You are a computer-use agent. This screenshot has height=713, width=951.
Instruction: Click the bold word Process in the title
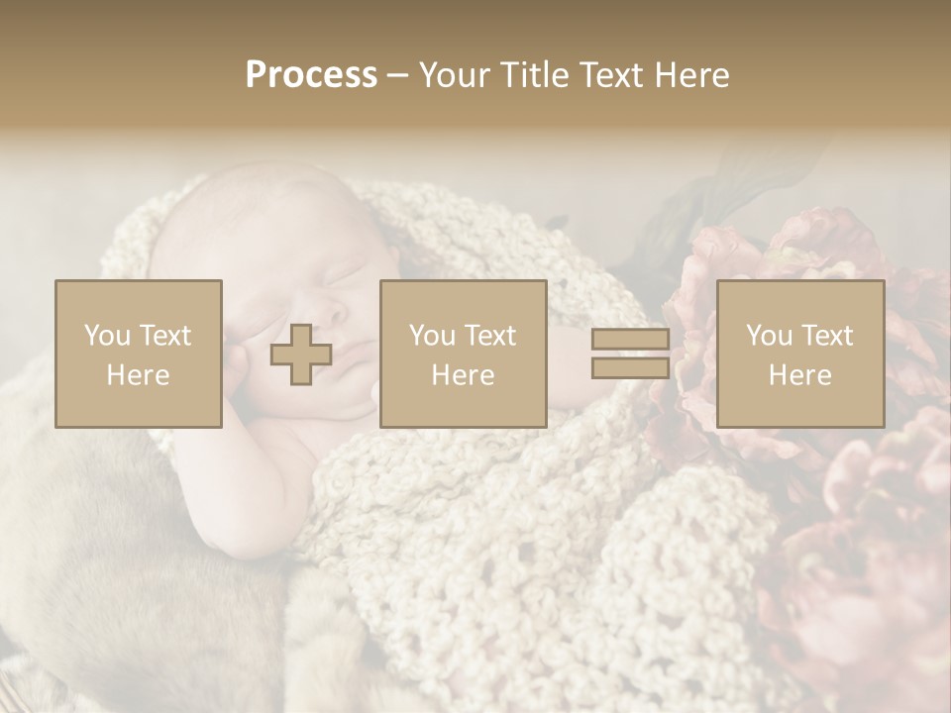pyautogui.click(x=311, y=75)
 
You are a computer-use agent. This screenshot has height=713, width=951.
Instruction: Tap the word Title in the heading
pyautogui.click(x=532, y=75)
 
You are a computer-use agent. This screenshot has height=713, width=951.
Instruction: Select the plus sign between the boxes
pyautogui.click(x=301, y=355)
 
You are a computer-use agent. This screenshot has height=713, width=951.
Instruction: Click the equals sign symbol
pyautogui.click(x=630, y=354)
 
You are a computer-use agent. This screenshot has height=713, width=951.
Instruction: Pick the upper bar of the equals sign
pyautogui.click(x=630, y=340)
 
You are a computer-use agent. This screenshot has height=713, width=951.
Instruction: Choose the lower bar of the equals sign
pyautogui.click(x=630, y=367)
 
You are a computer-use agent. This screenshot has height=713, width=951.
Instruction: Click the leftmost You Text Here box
pyautogui.click(x=139, y=354)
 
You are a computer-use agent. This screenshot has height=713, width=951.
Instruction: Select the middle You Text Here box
pyautogui.click(x=463, y=354)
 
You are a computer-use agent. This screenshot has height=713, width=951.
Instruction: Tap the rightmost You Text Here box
pyautogui.click(x=799, y=354)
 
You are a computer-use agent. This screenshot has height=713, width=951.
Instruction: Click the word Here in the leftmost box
pyautogui.click(x=139, y=374)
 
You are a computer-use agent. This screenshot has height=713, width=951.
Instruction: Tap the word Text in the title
pyautogui.click(x=610, y=75)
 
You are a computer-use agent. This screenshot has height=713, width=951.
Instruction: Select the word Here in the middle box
pyautogui.click(x=463, y=374)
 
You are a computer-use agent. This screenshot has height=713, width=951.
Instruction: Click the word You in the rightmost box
pyautogui.click(x=769, y=336)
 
